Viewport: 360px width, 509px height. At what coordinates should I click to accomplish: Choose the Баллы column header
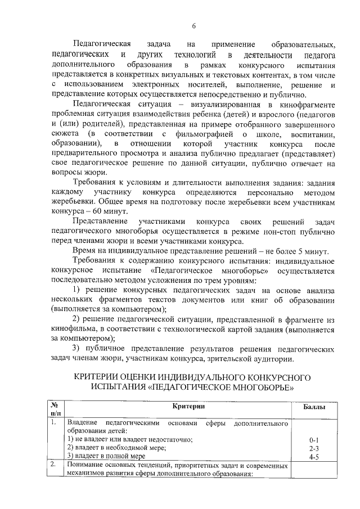tap(314, 407)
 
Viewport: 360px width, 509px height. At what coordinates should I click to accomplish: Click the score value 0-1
tap(314, 439)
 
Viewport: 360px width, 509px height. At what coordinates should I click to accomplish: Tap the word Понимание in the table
tap(84, 465)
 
